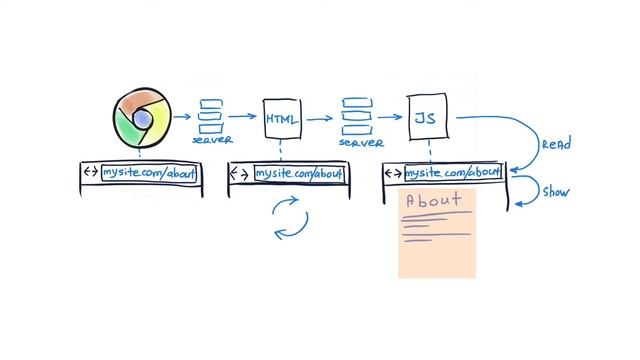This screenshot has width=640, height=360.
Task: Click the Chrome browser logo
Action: coord(142,118)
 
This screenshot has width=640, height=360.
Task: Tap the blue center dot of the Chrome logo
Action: coord(142,118)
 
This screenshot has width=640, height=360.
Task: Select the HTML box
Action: coord(281,119)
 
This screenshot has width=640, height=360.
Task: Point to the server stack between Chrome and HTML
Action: coord(210,116)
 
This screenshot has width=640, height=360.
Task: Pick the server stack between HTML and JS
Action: coord(357,116)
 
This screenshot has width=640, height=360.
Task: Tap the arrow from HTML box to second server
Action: coord(321,118)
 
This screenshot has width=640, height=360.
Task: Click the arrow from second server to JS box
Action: coord(389,118)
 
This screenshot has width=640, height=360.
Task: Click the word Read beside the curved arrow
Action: coord(556,145)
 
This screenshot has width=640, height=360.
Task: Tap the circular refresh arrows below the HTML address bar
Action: coord(291,219)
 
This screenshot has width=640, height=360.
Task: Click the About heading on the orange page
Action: coord(433,200)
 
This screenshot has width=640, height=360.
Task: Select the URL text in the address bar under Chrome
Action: coord(149,173)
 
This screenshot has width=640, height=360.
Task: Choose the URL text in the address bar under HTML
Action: coord(298,174)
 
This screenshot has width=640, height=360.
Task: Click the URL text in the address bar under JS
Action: coord(451,174)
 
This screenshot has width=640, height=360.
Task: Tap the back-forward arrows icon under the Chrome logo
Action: coord(91,173)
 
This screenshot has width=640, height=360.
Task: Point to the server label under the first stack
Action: coord(210,141)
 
